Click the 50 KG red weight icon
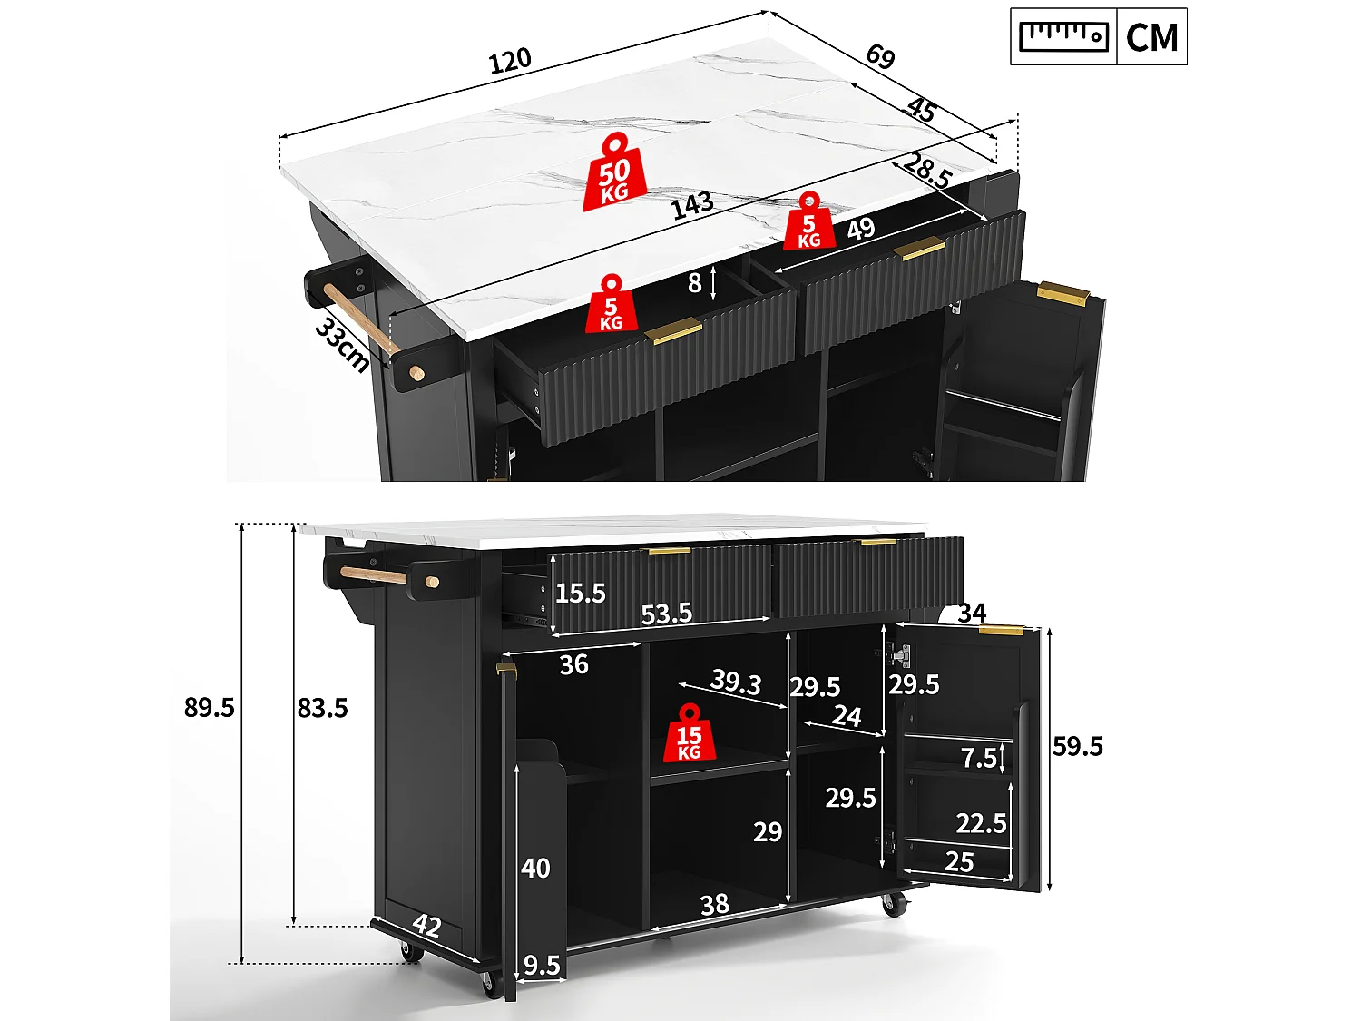coord(614,172)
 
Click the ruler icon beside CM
coord(1063,36)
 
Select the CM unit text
coord(1151,37)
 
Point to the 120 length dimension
coord(510,61)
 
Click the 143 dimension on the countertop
coord(692,206)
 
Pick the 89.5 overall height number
coord(209,707)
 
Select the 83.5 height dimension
coord(322,707)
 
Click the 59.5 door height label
coord(1078,746)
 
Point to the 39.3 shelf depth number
coord(736,681)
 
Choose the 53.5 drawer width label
coord(666,614)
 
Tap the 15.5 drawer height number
coord(580,594)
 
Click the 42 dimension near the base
coord(427,926)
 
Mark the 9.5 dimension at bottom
coord(542,966)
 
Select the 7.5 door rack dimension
coord(979,758)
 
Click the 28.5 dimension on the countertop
coord(927,171)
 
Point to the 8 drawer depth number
coord(694,283)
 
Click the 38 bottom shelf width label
coord(714,905)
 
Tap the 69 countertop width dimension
coord(880,56)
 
